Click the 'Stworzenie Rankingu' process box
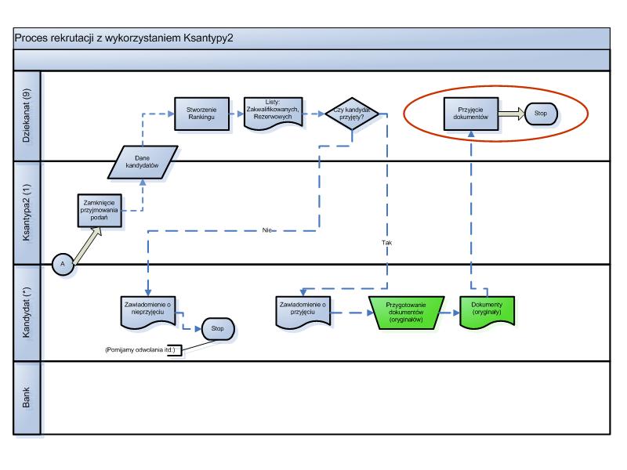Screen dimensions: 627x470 201,114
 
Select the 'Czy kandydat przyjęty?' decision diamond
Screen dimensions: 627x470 352,114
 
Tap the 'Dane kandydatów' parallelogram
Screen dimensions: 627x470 143,162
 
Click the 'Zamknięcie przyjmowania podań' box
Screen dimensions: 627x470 100,211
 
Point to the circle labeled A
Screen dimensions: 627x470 63,264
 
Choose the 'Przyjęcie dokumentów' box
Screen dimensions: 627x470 471,114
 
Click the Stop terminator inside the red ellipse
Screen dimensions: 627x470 541,114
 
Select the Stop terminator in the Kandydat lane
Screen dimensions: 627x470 218,328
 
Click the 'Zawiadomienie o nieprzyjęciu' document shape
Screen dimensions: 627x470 148,313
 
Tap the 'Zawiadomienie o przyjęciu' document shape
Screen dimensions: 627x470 303,313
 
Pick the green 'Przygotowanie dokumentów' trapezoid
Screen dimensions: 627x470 406,313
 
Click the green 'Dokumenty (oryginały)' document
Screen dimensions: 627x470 487,313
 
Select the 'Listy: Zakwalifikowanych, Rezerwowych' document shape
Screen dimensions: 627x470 273,114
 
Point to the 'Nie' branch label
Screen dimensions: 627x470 266,230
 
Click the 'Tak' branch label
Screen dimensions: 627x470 386,243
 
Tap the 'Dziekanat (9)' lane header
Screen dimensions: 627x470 27,116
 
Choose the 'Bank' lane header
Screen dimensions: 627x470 27,398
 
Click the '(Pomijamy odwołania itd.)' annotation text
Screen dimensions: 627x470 140,349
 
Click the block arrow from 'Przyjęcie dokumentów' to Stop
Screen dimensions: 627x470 512,114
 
